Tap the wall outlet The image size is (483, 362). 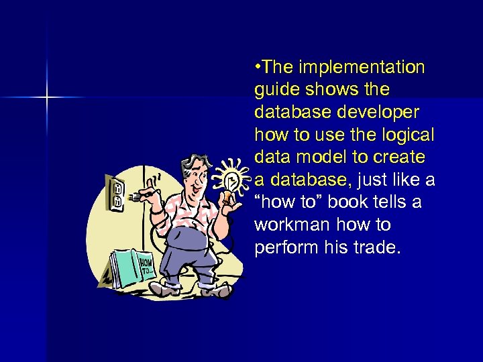(x=115, y=190)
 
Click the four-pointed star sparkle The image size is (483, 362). (x=47, y=98)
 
